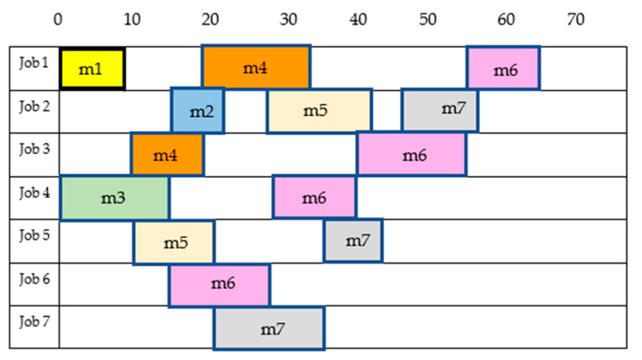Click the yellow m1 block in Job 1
click(92, 69)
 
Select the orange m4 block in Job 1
click(256, 67)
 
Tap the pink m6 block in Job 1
click(503, 68)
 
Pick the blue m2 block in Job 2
click(198, 111)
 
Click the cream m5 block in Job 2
click(319, 110)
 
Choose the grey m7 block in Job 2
click(440, 110)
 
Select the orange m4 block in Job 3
click(167, 154)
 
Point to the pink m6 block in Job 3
click(412, 154)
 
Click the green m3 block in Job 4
click(115, 198)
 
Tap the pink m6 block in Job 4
click(315, 197)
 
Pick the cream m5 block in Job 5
click(174, 242)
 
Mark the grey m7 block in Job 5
click(353, 240)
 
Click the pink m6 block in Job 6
click(220, 284)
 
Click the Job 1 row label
click(34, 63)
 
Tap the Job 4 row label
click(35, 193)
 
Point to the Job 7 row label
click(35, 322)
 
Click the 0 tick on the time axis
click(58, 19)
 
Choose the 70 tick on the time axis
click(575, 19)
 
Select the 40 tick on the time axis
click(358, 19)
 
